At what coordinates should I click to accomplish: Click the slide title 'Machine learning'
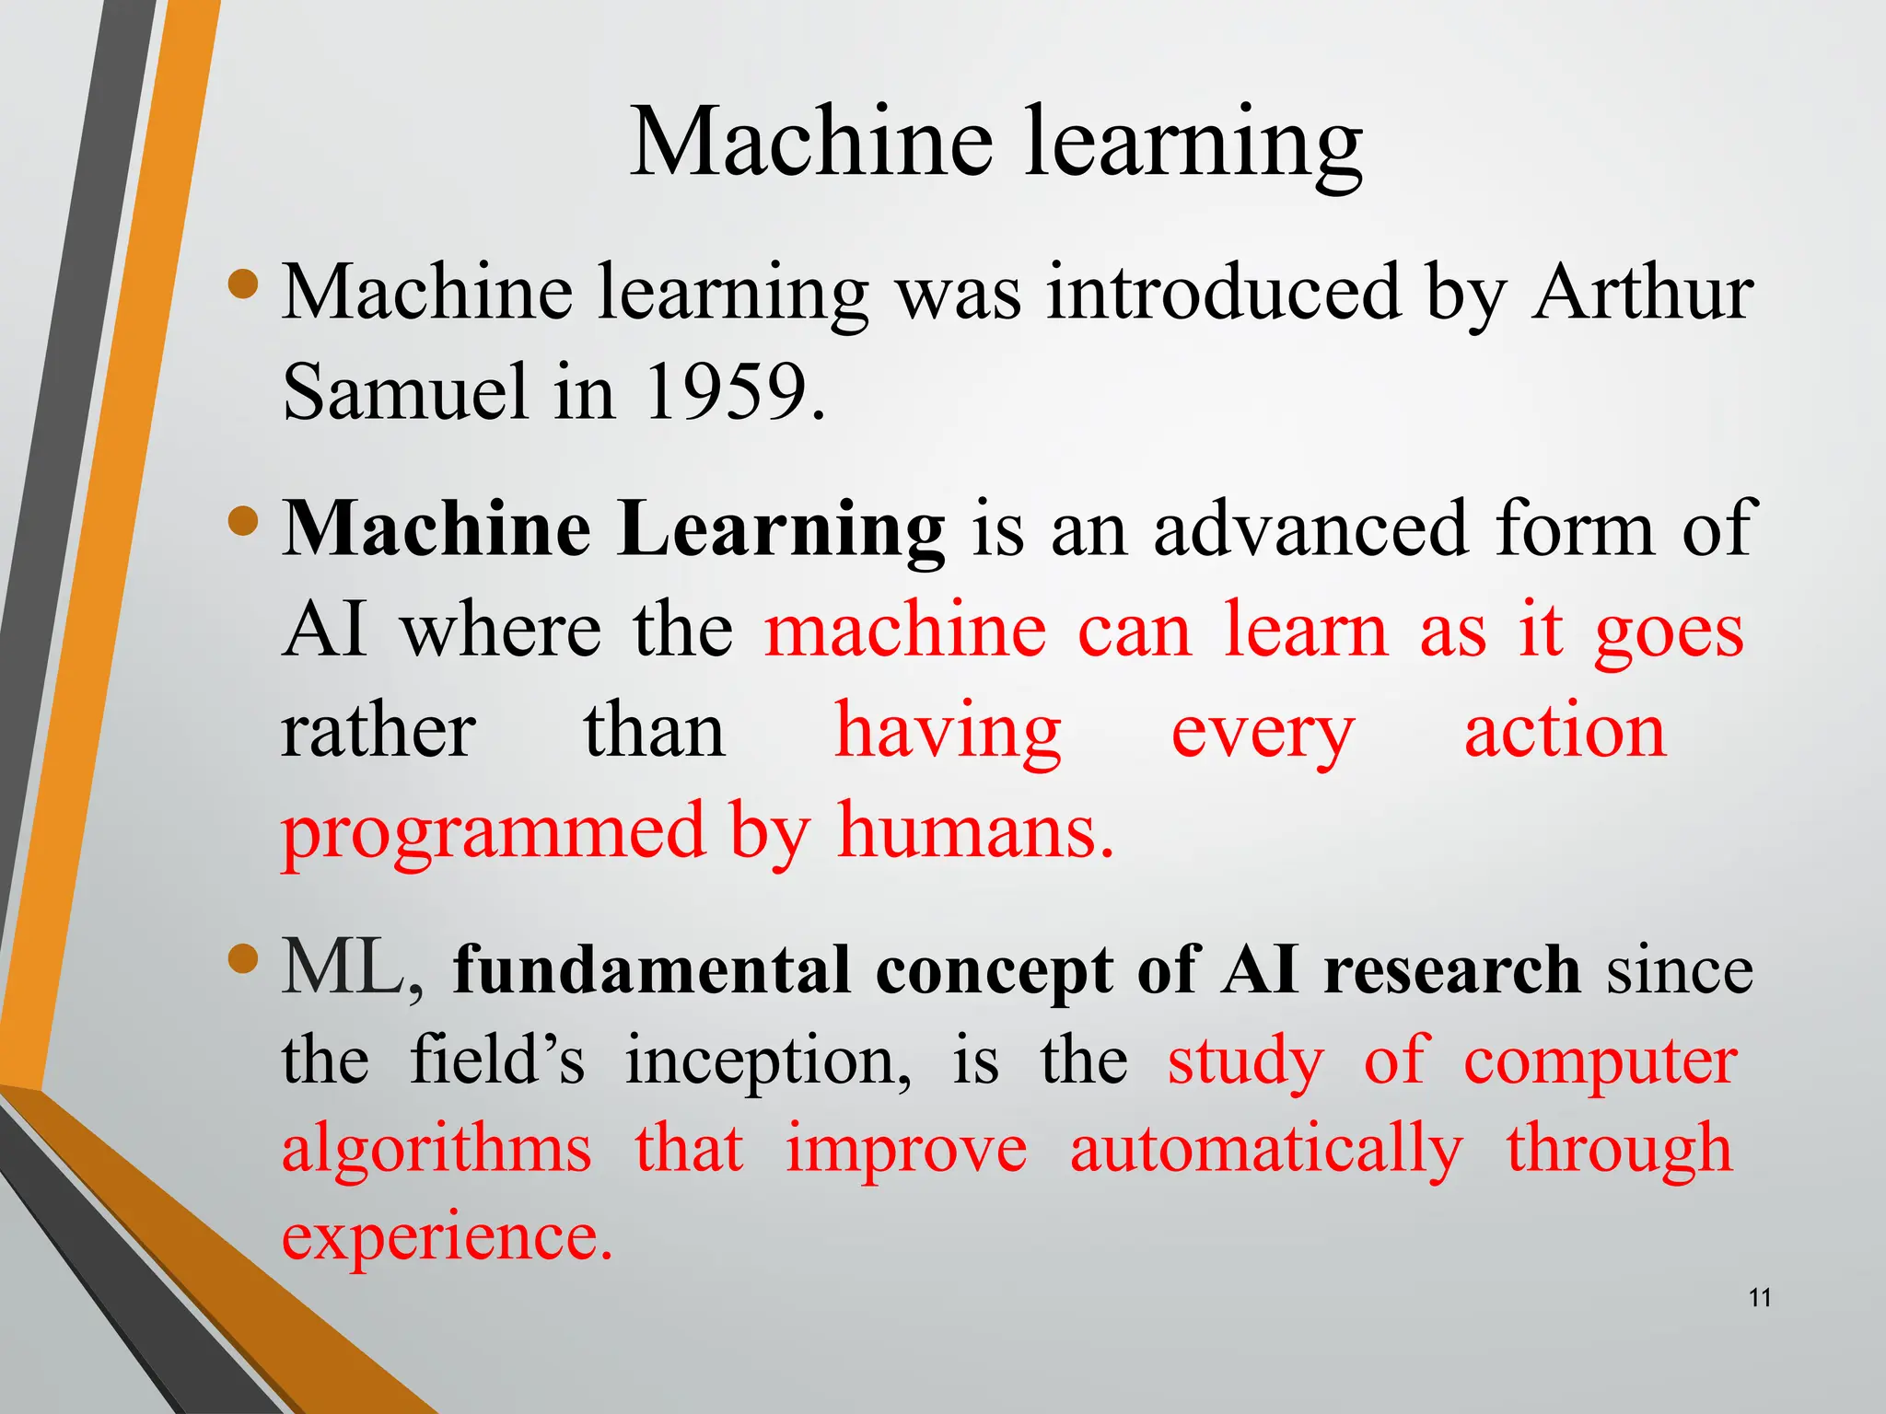point(995,143)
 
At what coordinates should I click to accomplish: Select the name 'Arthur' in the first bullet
point(1643,293)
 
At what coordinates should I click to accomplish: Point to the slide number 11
point(1760,1299)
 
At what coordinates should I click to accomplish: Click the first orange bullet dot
point(243,284)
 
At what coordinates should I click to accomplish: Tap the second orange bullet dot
point(243,521)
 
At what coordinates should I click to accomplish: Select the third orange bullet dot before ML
point(243,960)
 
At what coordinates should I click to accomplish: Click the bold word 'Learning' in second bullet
point(781,530)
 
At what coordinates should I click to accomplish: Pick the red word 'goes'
point(1669,633)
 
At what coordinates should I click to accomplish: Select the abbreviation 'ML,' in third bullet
point(354,969)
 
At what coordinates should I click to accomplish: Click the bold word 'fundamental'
point(652,971)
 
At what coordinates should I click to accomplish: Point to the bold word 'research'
point(1451,971)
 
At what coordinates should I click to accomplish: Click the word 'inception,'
point(769,1061)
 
